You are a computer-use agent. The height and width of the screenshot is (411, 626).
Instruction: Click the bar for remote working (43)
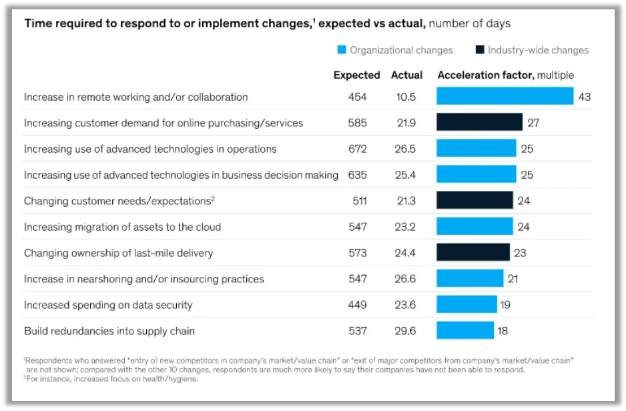[505, 96]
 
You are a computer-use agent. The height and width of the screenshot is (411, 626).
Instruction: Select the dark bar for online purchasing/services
[479, 122]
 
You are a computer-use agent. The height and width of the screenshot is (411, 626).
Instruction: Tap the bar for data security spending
[466, 304]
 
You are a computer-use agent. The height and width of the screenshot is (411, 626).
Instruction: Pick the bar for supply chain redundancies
[464, 330]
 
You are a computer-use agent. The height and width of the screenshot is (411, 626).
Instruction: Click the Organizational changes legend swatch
[342, 50]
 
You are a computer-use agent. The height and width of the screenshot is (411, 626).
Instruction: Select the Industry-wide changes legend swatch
[479, 50]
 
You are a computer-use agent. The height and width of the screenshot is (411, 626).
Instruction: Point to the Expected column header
[356, 75]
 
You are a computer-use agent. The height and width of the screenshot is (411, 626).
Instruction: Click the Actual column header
[406, 75]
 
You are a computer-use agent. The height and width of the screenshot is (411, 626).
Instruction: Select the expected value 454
[357, 97]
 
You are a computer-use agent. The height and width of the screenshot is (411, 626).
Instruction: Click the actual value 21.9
[405, 123]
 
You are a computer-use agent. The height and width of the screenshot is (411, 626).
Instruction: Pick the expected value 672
[357, 149]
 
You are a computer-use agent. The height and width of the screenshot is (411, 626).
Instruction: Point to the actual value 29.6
[405, 330]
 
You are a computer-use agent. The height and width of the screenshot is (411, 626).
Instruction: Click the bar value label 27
[533, 123]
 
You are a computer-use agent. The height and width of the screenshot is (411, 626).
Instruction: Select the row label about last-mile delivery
[119, 253]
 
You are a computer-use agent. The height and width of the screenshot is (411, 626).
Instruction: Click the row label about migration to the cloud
[122, 227]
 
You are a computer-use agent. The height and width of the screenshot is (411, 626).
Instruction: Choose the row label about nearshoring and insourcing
[143, 279]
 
